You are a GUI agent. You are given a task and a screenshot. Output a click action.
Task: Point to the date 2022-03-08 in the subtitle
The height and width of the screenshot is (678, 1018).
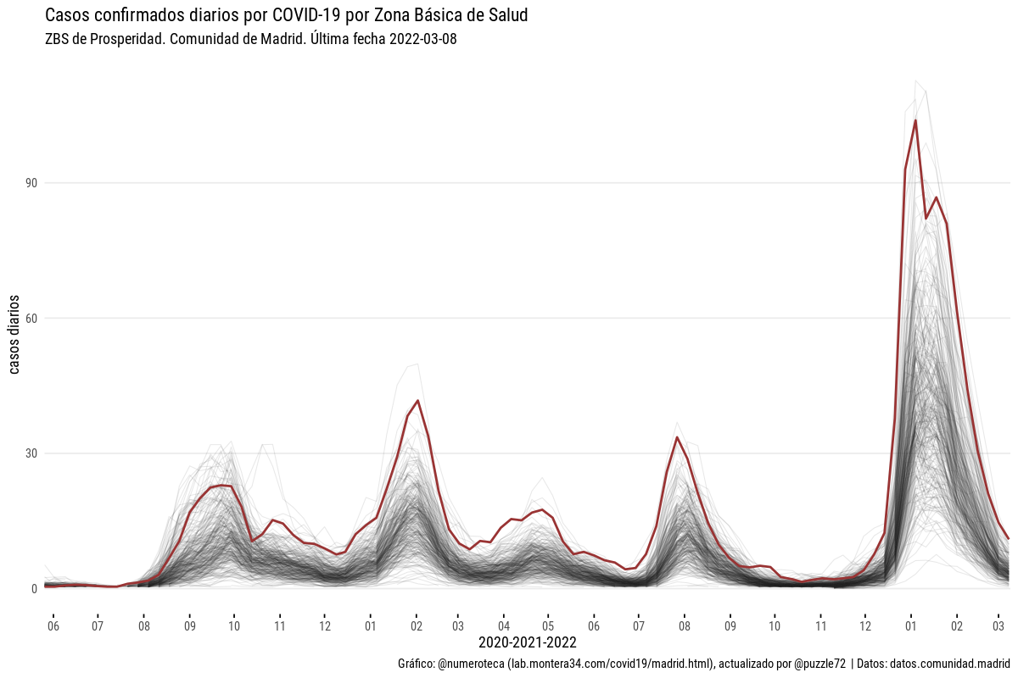(423, 40)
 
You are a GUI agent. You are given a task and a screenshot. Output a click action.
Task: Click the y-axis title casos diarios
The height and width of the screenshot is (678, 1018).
(14, 335)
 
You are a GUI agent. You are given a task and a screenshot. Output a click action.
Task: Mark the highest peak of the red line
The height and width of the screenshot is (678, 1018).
(915, 120)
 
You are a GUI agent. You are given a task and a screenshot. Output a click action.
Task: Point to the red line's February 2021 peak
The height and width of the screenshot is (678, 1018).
(417, 401)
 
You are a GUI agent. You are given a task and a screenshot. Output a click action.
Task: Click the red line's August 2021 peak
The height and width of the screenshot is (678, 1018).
(677, 437)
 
